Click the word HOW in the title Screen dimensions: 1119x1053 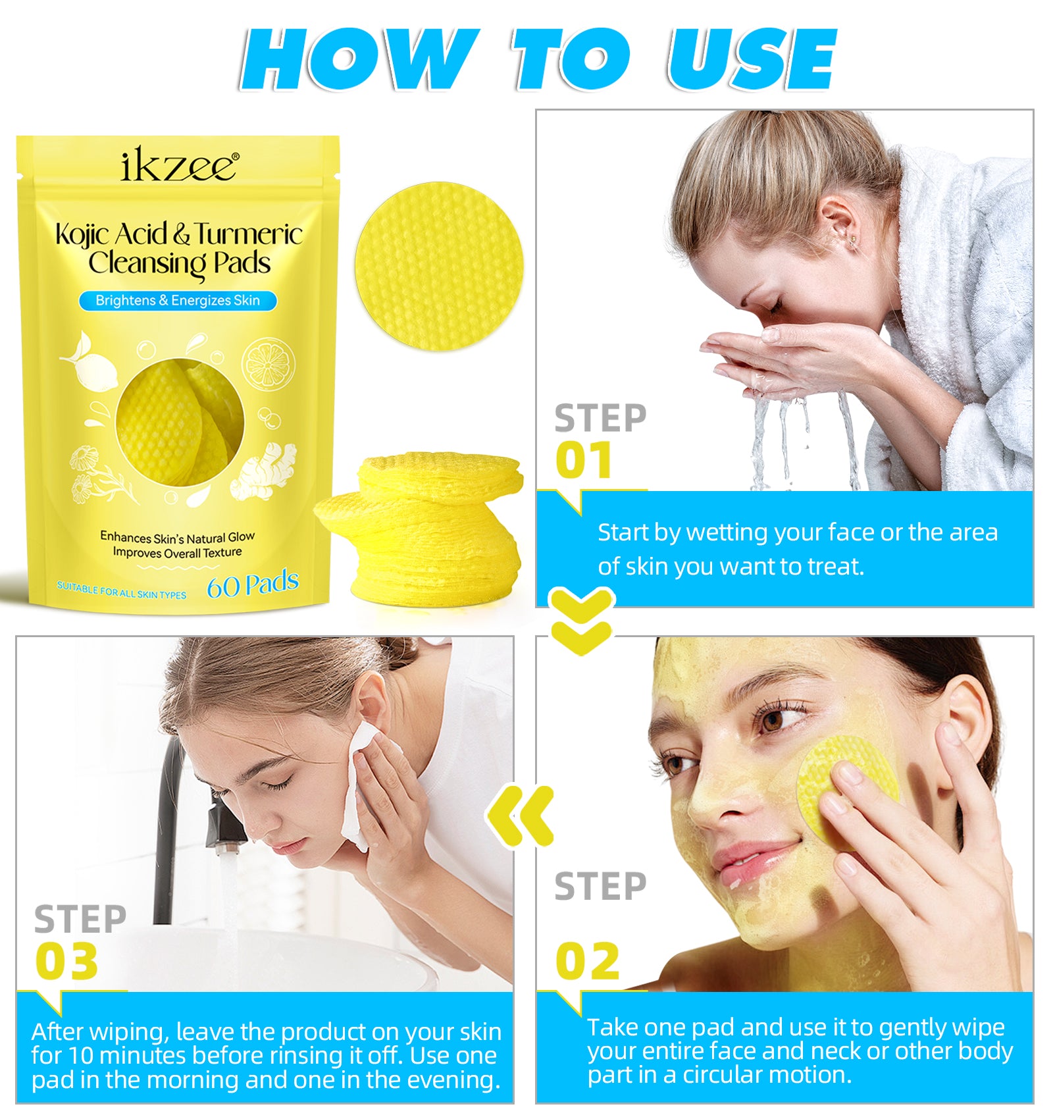coord(359,61)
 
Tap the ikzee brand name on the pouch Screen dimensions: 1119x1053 coord(179,166)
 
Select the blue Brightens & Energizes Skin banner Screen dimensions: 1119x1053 coord(178,301)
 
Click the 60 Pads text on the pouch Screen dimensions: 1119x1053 coord(253,584)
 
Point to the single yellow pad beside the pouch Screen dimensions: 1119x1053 coord(439,265)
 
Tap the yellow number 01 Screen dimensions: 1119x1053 coord(584,460)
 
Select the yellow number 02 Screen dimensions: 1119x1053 coord(588,962)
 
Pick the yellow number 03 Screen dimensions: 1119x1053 coord(67,962)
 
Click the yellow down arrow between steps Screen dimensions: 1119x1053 coord(582,621)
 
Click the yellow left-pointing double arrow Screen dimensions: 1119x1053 coord(521,816)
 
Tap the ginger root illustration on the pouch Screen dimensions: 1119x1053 coord(267,471)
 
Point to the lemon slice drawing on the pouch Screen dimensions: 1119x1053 coord(268,363)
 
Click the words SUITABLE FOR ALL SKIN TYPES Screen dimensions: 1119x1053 coord(121,590)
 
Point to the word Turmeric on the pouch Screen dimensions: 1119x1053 coord(248,235)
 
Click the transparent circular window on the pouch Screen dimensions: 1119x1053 coord(179,422)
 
